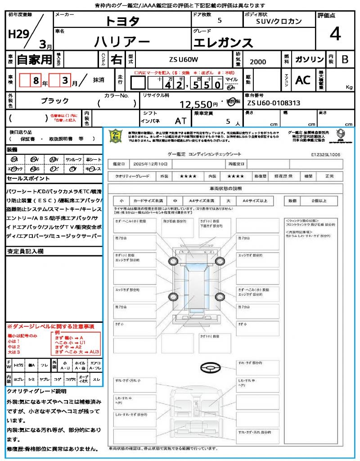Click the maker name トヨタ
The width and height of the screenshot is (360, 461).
click(122, 21)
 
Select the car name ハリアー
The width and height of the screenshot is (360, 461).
click(122, 42)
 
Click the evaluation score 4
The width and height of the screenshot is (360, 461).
click(335, 34)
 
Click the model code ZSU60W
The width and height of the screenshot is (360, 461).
click(183, 59)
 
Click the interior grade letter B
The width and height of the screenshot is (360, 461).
click(344, 59)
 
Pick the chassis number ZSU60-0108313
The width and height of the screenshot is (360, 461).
click(274, 103)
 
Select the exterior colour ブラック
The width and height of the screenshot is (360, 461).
click(55, 101)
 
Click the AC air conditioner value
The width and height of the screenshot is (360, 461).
click(303, 80)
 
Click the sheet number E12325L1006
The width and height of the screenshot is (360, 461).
click(325, 154)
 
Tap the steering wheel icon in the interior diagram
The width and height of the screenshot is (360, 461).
click(211, 369)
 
